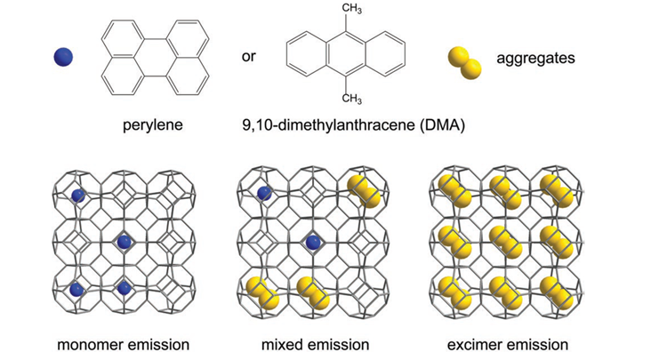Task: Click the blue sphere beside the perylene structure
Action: [63, 58]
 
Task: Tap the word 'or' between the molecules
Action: [250, 58]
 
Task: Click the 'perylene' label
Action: [152, 125]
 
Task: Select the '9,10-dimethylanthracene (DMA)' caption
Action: [342, 125]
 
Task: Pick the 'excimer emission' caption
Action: [506, 342]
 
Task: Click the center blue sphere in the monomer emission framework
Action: [124, 241]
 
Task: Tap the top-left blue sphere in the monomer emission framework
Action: [78, 196]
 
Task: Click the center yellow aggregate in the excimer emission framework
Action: [503, 240]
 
